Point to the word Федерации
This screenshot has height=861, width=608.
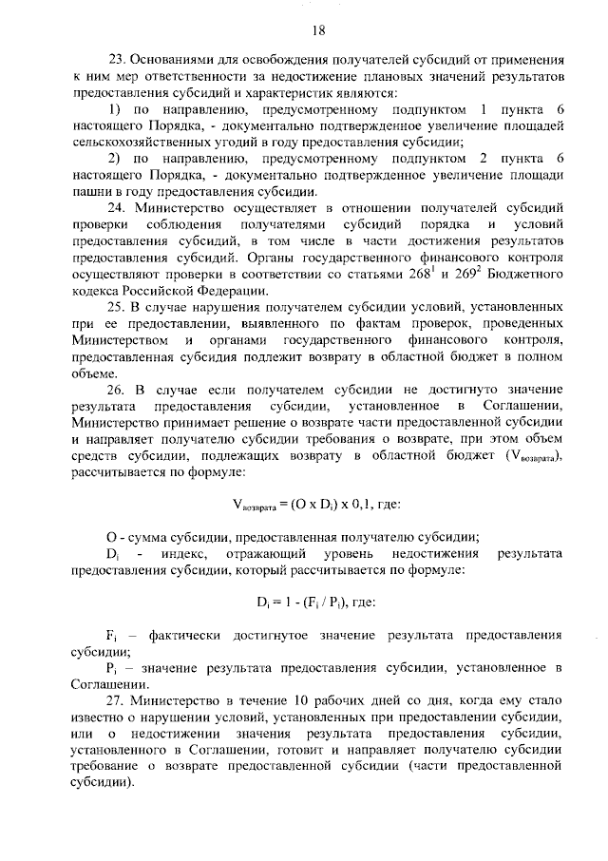(228, 290)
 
